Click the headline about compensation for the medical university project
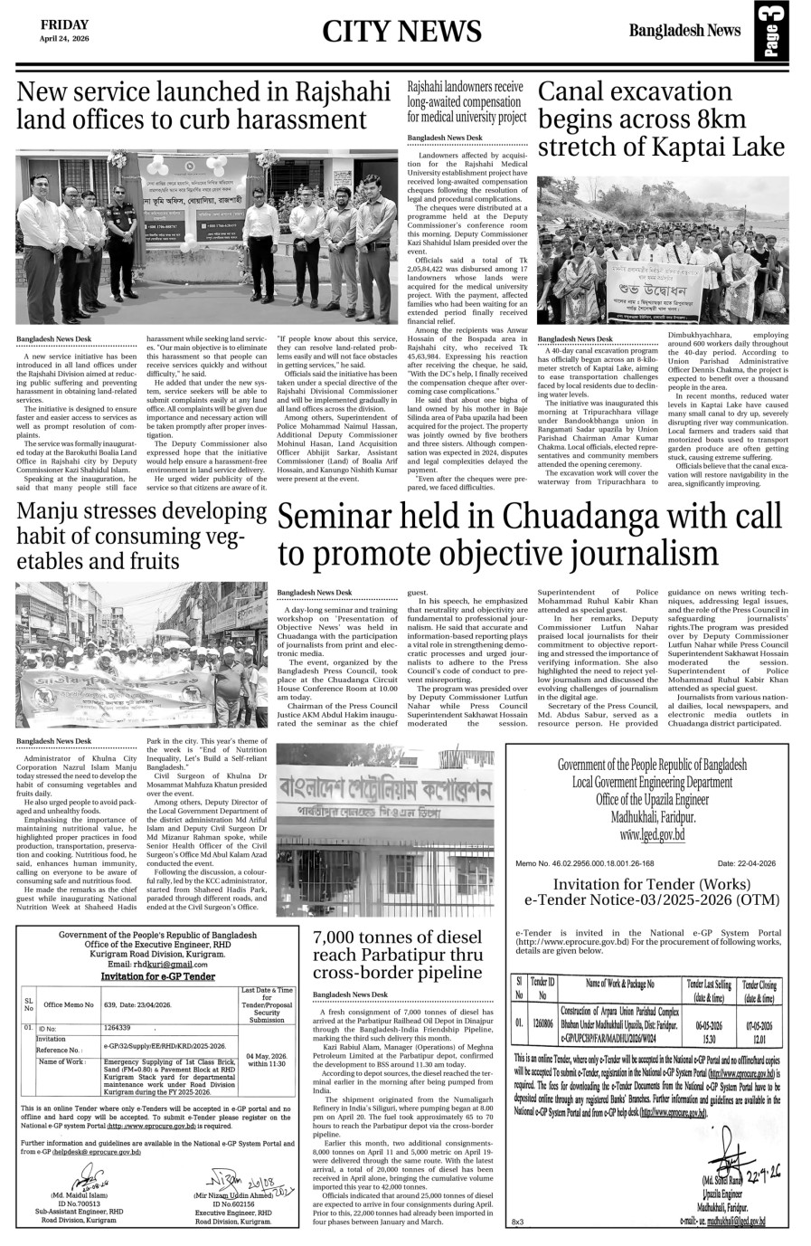(x=466, y=101)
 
